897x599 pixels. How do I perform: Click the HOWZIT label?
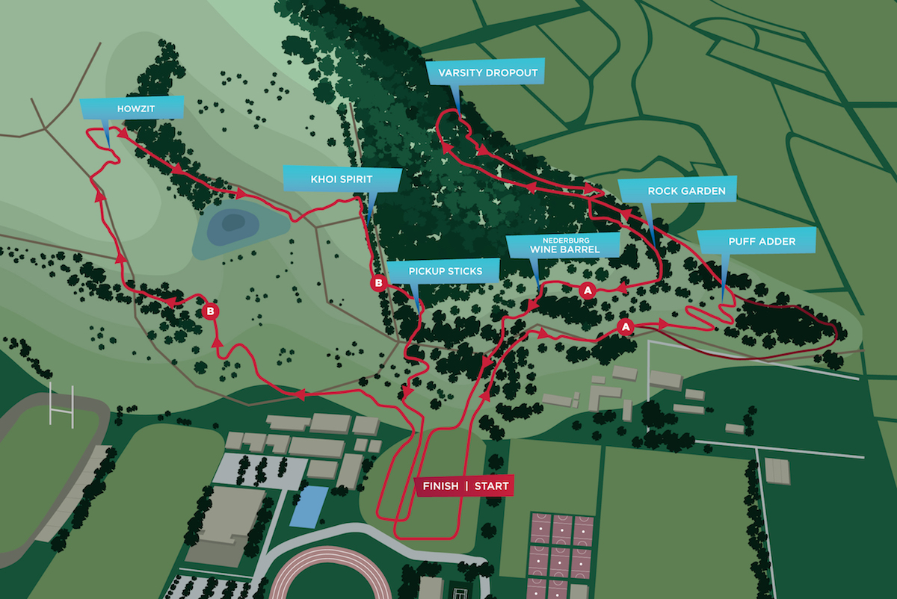[x=132, y=108]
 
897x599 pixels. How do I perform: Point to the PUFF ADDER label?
[x=756, y=242]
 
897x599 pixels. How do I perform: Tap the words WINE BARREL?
[x=563, y=249]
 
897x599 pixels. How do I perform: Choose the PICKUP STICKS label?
[x=445, y=271]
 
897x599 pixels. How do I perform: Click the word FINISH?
[x=441, y=486]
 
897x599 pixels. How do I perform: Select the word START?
[x=491, y=486]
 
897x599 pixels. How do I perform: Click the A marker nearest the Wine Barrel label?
[x=588, y=290]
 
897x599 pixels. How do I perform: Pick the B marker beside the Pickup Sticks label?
[x=378, y=283]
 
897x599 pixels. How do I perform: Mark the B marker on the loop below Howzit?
[x=211, y=310]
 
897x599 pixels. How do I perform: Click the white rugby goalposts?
[x=61, y=404]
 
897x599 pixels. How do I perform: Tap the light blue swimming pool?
[x=308, y=506]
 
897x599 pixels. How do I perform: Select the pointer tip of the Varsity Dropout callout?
[x=460, y=117]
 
